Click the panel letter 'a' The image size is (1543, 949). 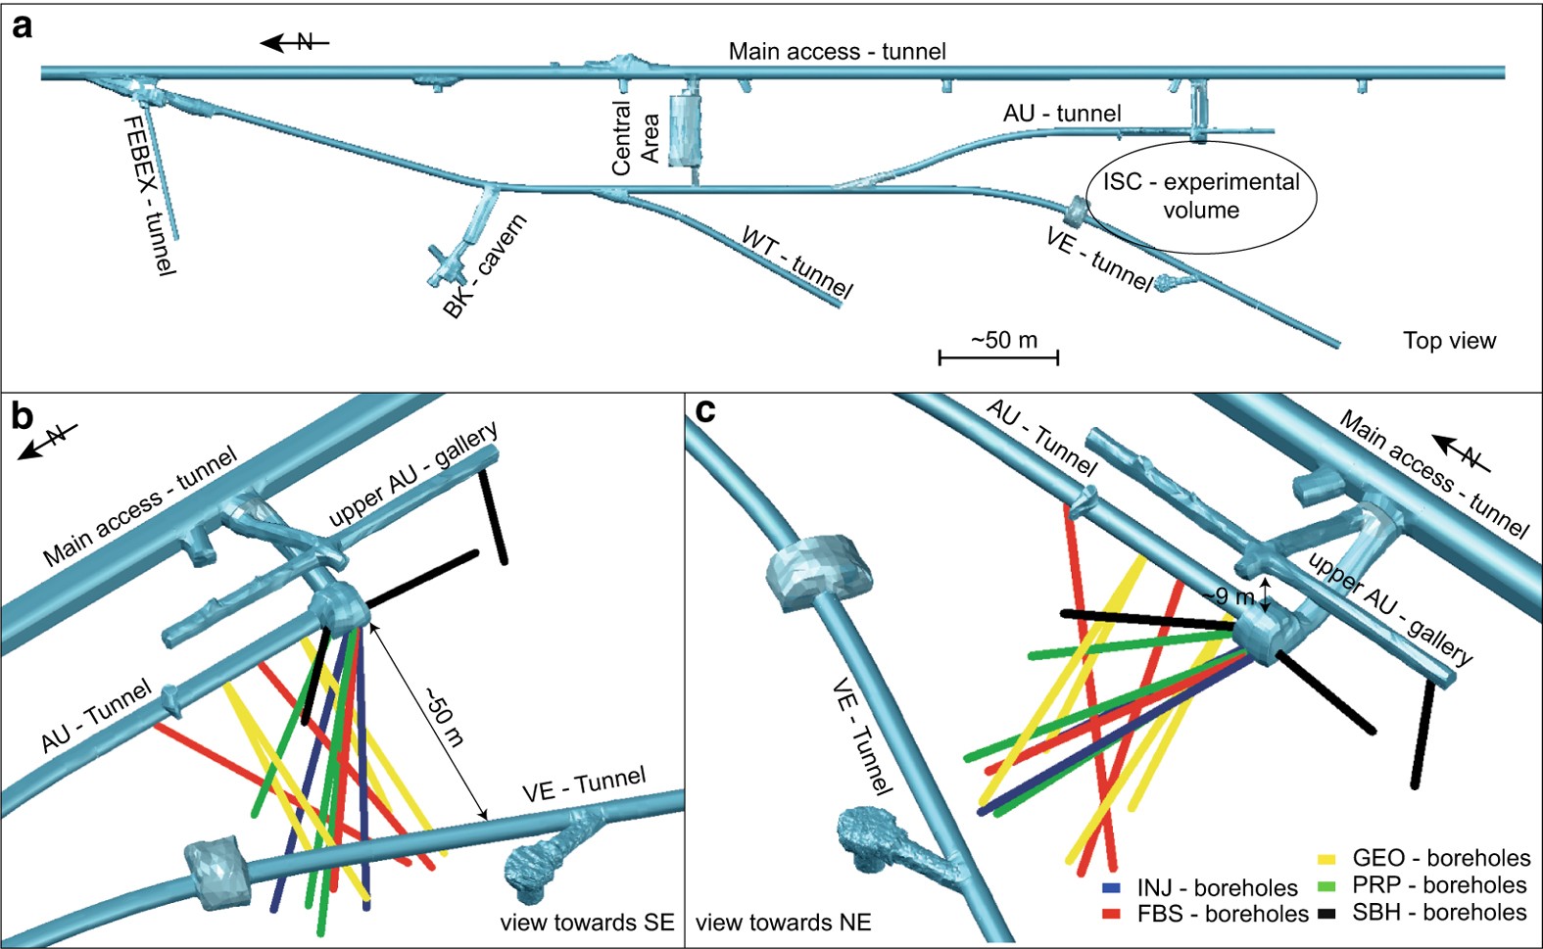[x=21, y=25]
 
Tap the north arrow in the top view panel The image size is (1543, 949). [x=294, y=42]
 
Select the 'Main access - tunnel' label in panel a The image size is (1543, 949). [x=837, y=51]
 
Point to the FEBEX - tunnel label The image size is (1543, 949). [x=149, y=196]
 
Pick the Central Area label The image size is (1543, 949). [x=635, y=138]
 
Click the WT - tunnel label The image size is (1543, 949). [x=796, y=262]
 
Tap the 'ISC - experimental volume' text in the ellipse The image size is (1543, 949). [x=1201, y=196]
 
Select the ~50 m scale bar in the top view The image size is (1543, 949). [x=998, y=356]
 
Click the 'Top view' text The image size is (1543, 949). [x=1449, y=341]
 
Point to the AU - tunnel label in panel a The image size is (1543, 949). [x=1062, y=114]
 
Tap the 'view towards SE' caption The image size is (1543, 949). [x=587, y=923]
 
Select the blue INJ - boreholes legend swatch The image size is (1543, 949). [x=1111, y=888]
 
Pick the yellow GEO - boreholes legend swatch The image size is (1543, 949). [x=1326, y=859]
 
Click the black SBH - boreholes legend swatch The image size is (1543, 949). [x=1326, y=914]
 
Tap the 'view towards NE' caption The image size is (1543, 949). [x=783, y=923]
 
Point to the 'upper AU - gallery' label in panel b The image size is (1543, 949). [x=413, y=474]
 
